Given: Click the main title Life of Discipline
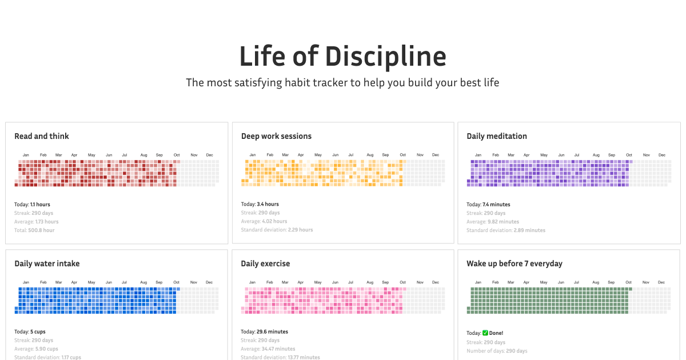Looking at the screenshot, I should (342, 57).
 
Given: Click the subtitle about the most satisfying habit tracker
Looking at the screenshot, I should (342, 83).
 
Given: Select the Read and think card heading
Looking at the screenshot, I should (42, 136).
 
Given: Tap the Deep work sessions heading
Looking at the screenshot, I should (276, 136).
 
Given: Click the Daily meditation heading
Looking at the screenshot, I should (497, 136).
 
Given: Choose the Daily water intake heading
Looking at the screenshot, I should (47, 263).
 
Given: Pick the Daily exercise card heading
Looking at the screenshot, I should (265, 263).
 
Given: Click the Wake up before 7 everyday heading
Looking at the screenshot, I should (514, 263).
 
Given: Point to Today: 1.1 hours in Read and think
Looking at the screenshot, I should (32, 205).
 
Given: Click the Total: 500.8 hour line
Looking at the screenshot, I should (34, 230).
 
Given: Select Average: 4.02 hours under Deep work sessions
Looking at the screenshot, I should (264, 221).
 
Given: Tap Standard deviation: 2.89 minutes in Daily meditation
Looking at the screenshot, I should (505, 230).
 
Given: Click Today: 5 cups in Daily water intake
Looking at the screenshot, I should (30, 331).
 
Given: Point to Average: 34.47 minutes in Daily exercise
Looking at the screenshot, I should (268, 349).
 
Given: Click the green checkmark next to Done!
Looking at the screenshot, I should (485, 333).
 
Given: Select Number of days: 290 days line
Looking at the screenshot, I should (497, 351).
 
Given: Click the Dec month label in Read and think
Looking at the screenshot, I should (209, 155).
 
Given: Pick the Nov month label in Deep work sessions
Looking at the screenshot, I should (420, 155).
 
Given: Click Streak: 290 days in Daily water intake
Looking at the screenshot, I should (34, 340).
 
